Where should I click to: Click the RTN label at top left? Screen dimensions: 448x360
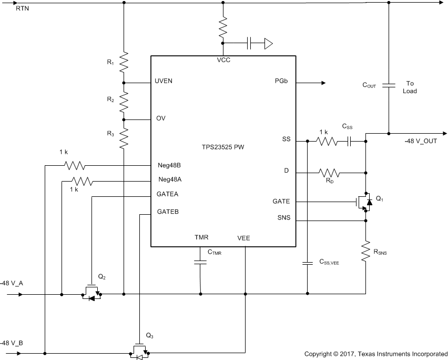coord(22,8)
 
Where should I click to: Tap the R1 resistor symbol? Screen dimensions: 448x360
coord(124,62)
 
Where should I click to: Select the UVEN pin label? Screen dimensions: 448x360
coord(164,81)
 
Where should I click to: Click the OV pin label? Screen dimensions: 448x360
coord(160,118)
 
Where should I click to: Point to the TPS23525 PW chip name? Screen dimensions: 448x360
coord(223,147)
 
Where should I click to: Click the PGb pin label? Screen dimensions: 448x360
coord(281,81)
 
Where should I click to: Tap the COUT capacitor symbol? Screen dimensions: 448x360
coord(389,85)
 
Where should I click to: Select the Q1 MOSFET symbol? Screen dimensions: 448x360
coord(364,202)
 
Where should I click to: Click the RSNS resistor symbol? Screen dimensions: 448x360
coord(366,251)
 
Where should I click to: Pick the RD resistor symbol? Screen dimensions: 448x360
coord(329,173)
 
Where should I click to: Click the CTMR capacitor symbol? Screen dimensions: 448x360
coord(200,262)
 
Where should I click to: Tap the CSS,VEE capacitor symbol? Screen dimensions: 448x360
coord(308,263)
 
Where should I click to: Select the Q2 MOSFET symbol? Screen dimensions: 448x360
coord(91,292)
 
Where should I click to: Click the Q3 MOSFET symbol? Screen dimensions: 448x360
coord(139,351)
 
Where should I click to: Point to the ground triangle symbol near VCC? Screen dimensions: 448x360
coord(269,44)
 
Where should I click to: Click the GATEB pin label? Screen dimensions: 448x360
coord(168,212)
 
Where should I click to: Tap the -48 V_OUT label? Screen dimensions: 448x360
coord(421,141)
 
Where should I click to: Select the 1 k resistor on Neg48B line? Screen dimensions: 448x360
coord(75,166)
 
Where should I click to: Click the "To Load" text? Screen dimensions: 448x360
coord(410,87)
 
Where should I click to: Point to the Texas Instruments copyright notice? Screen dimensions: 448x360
coord(376,354)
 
